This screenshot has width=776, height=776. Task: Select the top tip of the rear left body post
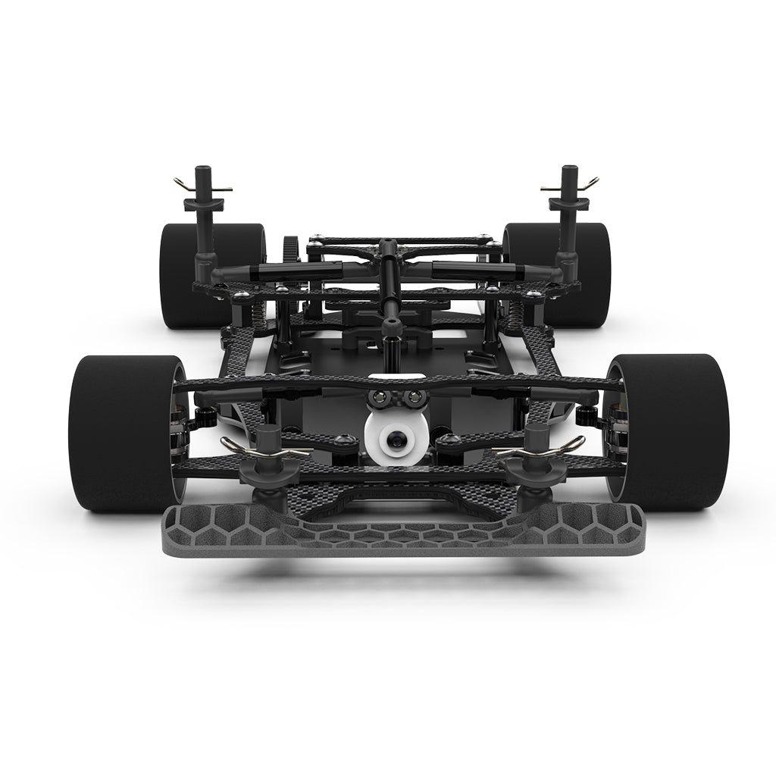click(x=203, y=170)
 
